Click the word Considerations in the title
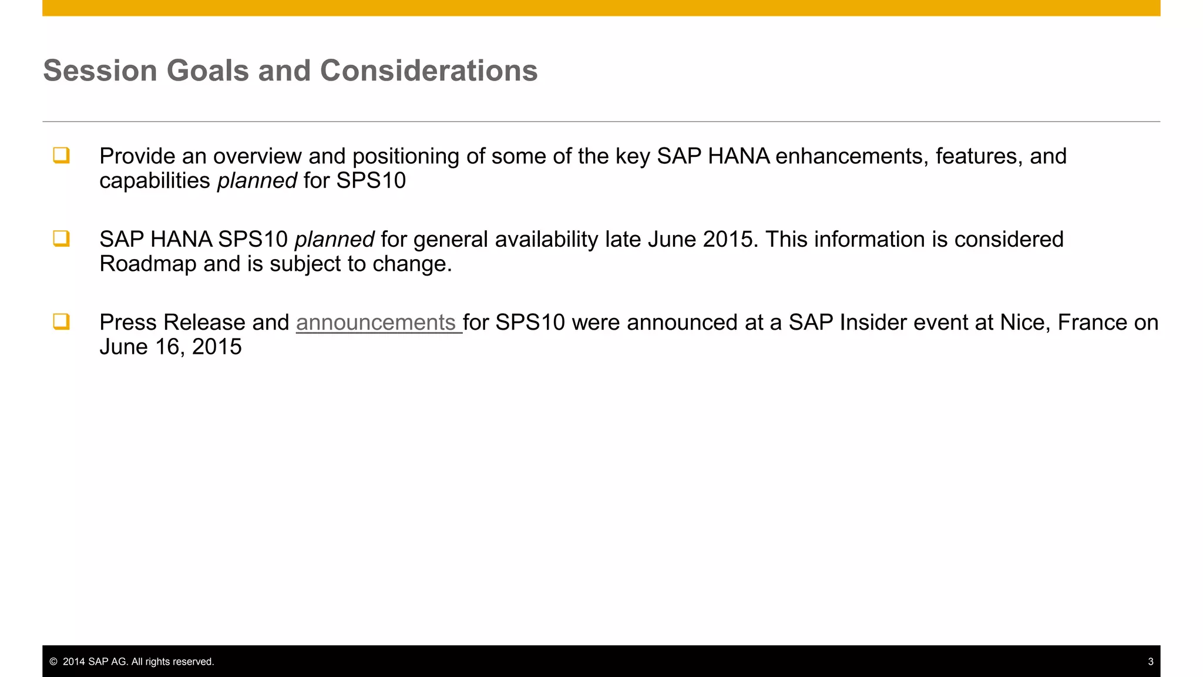pyautogui.click(x=428, y=71)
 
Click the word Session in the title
pyautogui.click(x=100, y=71)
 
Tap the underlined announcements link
pyautogui.click(x=376, y=323)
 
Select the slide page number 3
pyautogui.click(x=1150, y=662)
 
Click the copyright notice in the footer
pyautogui.click(x=132, y=662)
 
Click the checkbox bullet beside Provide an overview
pyautogui.click(x=61, y=156)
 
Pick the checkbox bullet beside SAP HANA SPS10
pyautogui.click(x=61, y=239)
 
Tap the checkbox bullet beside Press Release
pyautogui.click(x=61, y=322)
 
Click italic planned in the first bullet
pyautogui.click(x=257, y=181)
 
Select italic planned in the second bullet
pyautogui.click(x=334, y=240)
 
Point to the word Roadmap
pyautogui.click(x=148, y=264)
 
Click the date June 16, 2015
pyautogui.click(x=170, y=347)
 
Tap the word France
pyautogui.click(x=1092, y=323)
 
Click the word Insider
pyautogui.click(x=869, y=323)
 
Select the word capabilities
pyautogui.click(x=154, y=181)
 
